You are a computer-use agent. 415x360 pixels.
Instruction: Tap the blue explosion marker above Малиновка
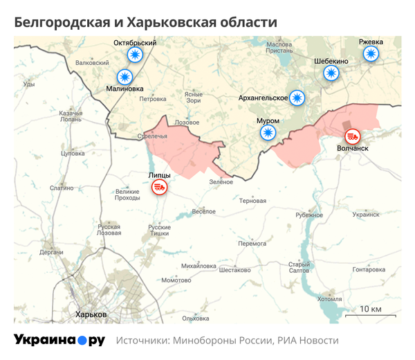click(125, 77)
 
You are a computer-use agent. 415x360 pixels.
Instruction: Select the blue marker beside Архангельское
click(298, 98)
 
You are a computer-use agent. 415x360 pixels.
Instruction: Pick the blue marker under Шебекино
click(332, 73)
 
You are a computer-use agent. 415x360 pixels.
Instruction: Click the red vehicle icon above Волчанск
click(353, 136)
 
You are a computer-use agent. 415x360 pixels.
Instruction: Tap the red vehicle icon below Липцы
click(159, 187)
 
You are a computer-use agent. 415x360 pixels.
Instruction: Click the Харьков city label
click(91, 314)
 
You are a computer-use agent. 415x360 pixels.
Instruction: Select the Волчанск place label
click(353, 149)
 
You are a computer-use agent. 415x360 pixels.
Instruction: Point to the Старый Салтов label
click(299, 267)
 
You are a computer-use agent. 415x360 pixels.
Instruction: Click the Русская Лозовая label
click(109, 230)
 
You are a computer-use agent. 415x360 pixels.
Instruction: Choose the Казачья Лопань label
click(71, 116)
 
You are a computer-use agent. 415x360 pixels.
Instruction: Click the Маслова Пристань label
click(279, 48)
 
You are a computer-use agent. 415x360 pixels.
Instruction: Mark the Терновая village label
click(252, 201)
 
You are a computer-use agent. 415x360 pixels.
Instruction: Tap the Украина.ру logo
click(59, 340)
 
